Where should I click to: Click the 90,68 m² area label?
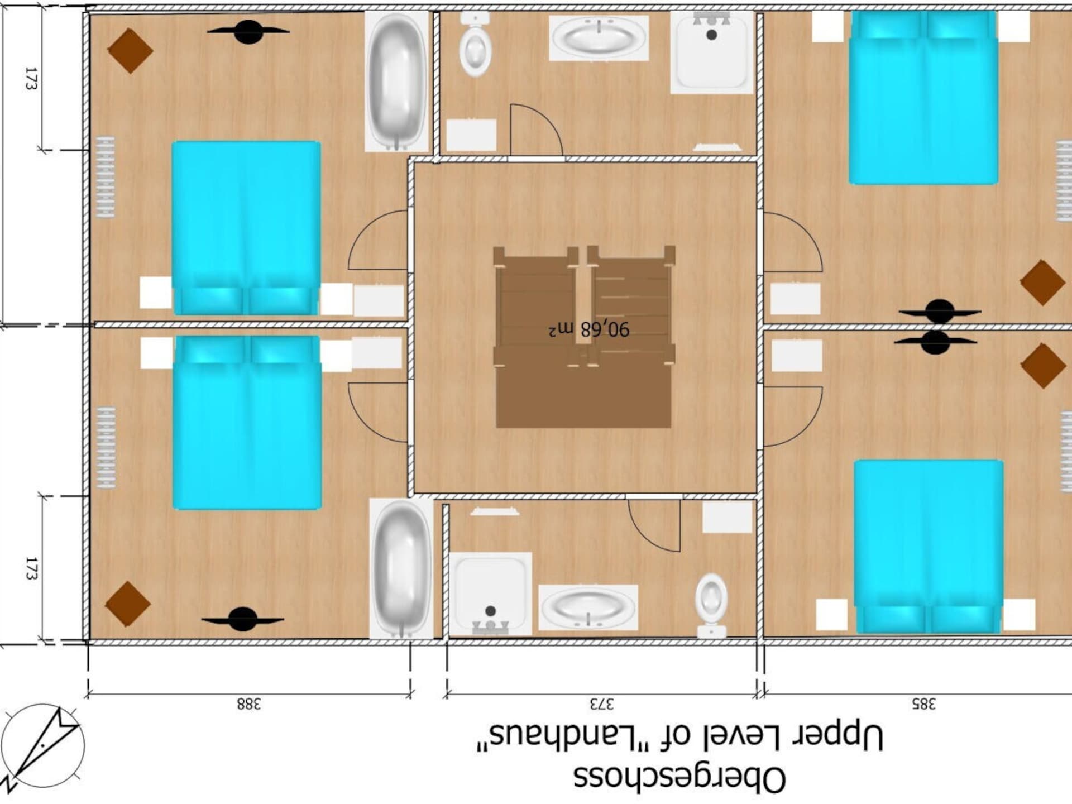coord(589,329)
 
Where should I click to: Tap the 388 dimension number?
coord(248,703)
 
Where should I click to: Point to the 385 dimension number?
coord(923,703)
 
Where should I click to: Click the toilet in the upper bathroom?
coord(475,45)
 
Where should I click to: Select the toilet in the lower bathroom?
coord(711,605)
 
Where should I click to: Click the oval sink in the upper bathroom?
coord(599,37)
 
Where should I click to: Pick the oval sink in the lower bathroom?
coord(588,607)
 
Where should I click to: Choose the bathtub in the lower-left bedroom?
coord(401,568)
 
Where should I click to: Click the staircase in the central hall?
coord(584,337)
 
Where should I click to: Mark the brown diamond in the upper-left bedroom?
coord(130,51)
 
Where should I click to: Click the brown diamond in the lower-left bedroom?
coord(128,604)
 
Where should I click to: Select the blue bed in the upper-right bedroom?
coord(923,98)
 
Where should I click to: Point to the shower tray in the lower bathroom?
coord(490,594)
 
